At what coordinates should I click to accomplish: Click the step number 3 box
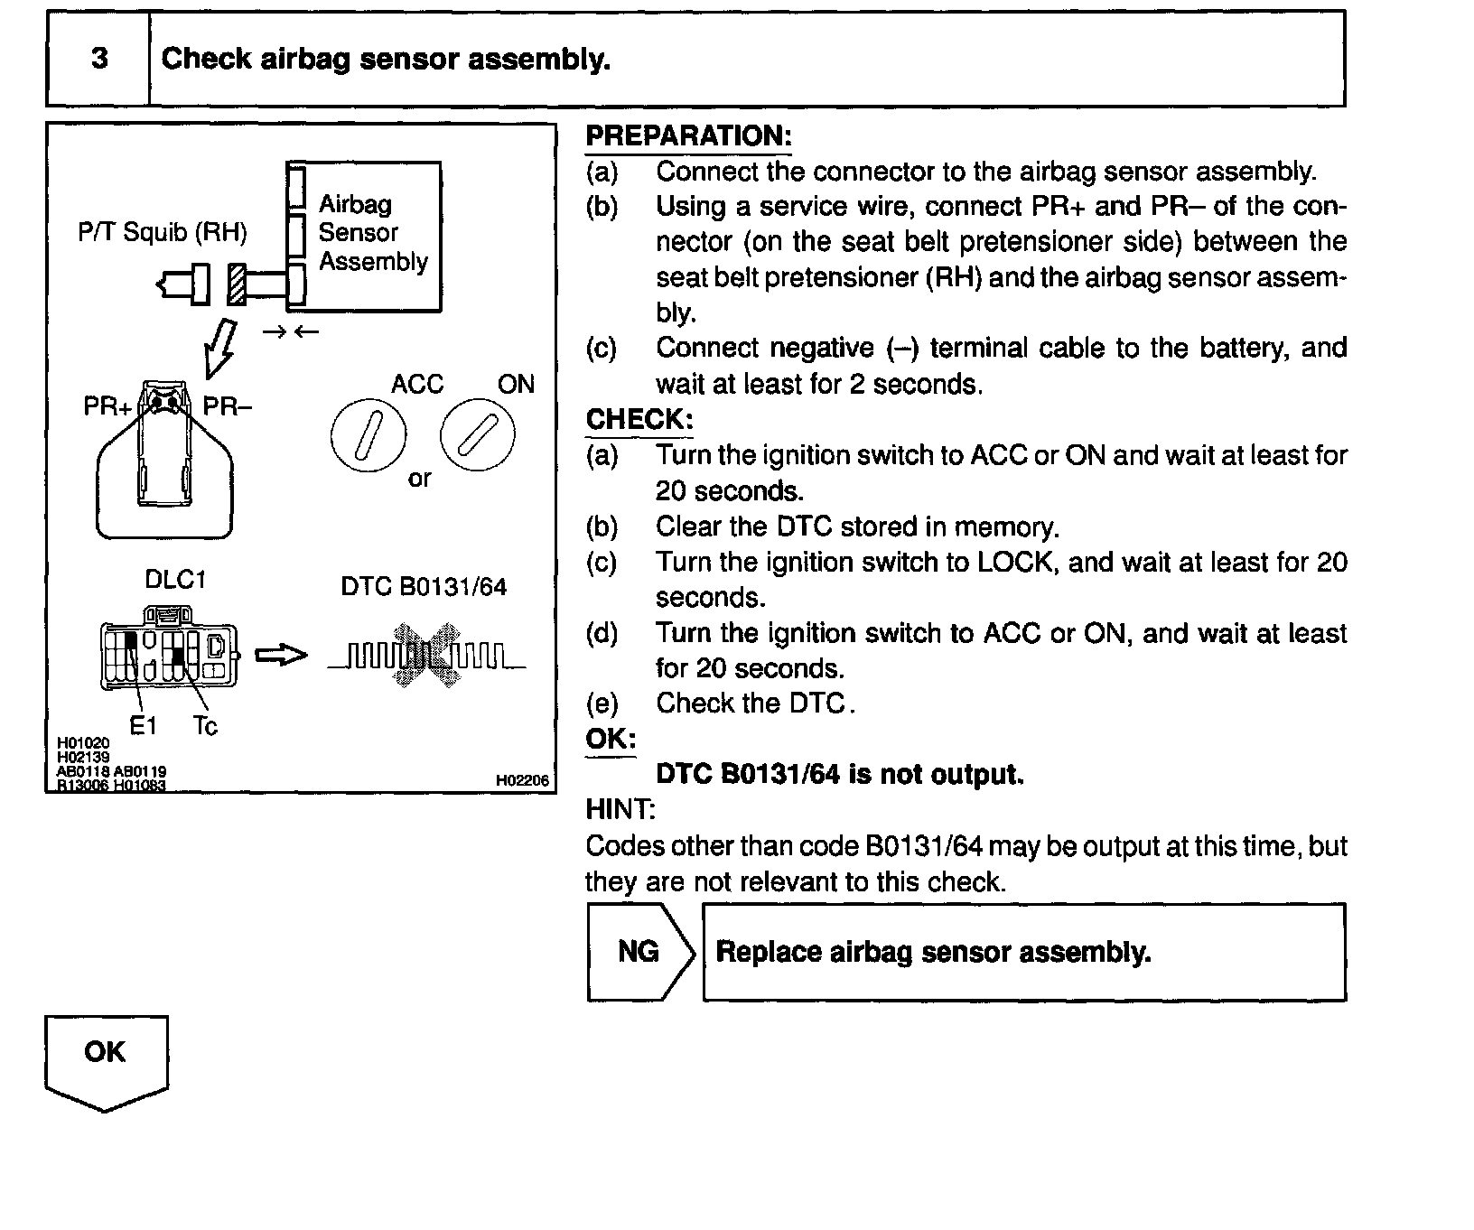coord(98,59)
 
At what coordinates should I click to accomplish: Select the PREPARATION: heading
coord(688,136)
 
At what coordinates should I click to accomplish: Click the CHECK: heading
coord(639,420)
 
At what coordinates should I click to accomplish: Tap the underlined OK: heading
coord(611,739)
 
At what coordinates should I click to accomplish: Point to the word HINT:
coord(620,809)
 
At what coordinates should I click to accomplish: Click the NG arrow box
coord(640,952)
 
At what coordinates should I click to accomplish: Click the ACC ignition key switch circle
coord(368,435)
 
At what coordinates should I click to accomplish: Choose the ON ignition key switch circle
coord(478,435)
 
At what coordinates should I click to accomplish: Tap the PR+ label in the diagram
coord(107,406)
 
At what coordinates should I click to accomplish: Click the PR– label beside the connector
coord(227,406)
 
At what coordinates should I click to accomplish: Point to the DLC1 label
coord(175,580)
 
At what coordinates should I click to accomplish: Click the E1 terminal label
coord(143,725)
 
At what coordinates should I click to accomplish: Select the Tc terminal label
coord(205,725)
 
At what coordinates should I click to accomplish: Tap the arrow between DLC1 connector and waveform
coord(281,656)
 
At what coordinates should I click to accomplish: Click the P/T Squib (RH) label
coord(163,233)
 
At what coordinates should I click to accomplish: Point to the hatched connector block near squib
coord(237,284)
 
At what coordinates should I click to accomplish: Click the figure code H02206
coord(522,780)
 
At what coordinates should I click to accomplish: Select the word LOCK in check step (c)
coord(1015,563)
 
